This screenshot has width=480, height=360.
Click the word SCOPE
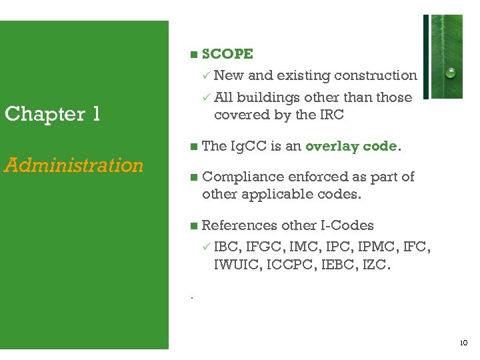click(x=227, y=54)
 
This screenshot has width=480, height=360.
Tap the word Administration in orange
click(x=74, y=165)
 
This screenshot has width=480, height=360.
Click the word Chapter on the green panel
click(x=45, y=114)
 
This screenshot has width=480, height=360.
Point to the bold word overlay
click(x=329, y=146)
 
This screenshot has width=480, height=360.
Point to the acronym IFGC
click(x=268, y=248)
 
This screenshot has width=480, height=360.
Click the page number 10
click(x=463, y=343)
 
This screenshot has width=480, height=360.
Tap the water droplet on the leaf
click(x=451, y=73)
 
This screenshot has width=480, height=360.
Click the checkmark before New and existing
click(x=207, y=75)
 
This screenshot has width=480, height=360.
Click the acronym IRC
click(x=331, y=115)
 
